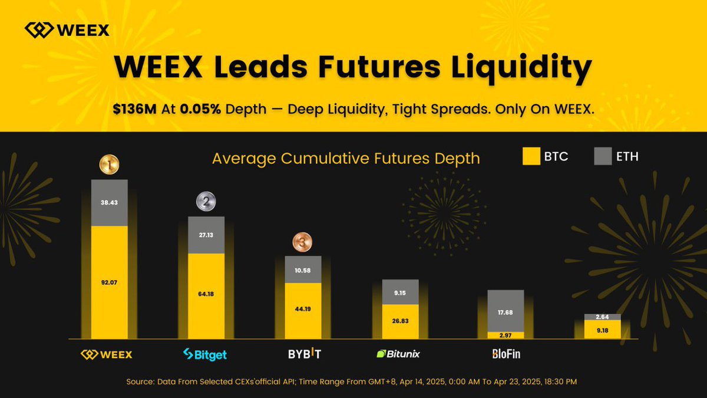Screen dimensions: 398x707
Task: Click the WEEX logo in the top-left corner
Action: (67, 29)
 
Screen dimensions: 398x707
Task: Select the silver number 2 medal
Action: (206, 202)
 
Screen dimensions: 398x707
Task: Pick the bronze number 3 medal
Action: (303, 242)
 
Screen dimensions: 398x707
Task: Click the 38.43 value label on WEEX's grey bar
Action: (109, 202)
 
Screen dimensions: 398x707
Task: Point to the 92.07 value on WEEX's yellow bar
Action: (109, 282)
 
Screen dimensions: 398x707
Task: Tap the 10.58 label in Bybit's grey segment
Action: (303, 270)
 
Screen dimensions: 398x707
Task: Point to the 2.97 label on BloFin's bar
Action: (506, 335)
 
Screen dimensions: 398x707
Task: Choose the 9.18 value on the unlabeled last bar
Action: (602, 330)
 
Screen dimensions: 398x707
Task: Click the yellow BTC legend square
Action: (531, 156)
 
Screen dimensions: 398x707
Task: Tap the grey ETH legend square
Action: (603, 156)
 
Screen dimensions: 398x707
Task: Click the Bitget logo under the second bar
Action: (205, 354)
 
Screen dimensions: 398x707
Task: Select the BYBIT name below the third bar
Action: (305, 354)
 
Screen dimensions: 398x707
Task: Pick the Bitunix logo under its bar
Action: (399, 354)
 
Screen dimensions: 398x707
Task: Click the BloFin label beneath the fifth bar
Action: (506, 354)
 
